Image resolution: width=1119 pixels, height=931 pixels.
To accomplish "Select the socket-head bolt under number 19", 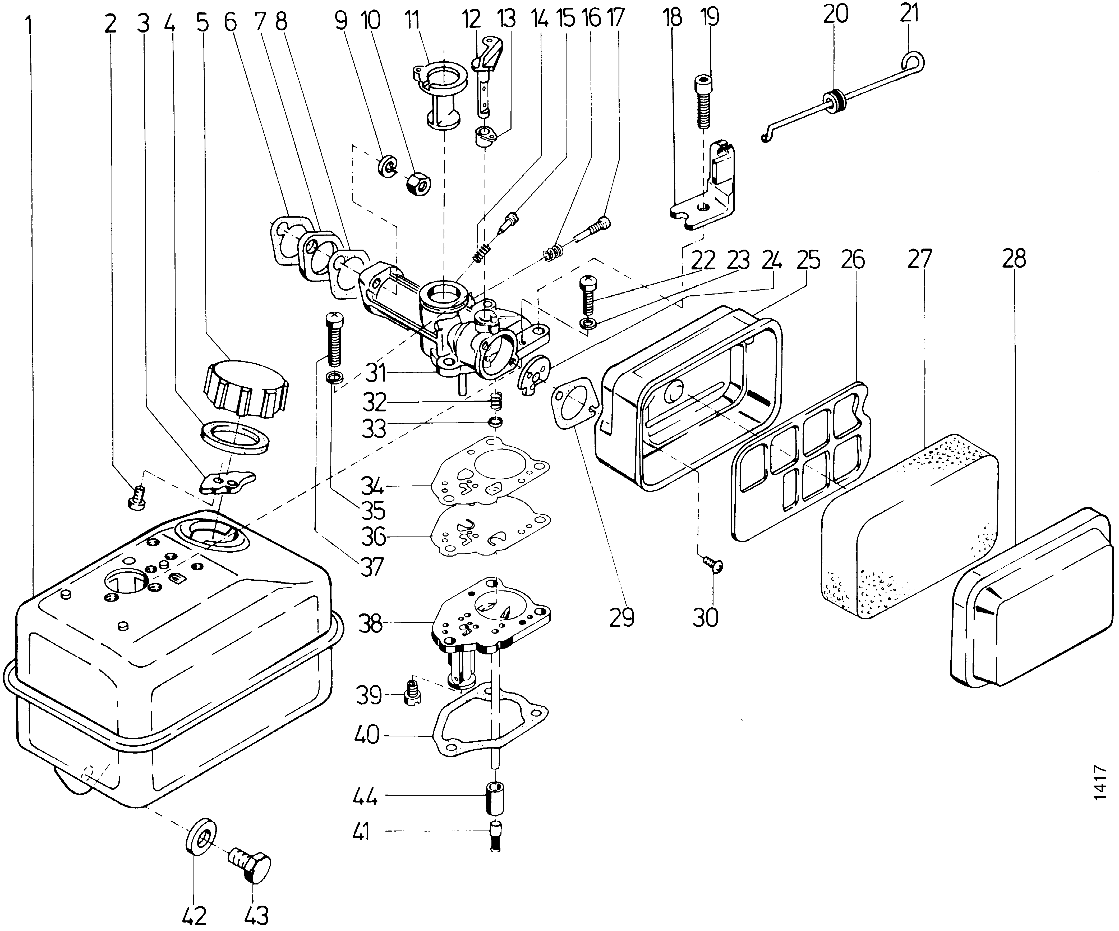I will point(703,101).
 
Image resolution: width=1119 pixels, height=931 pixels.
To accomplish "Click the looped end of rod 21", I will point(914,63).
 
